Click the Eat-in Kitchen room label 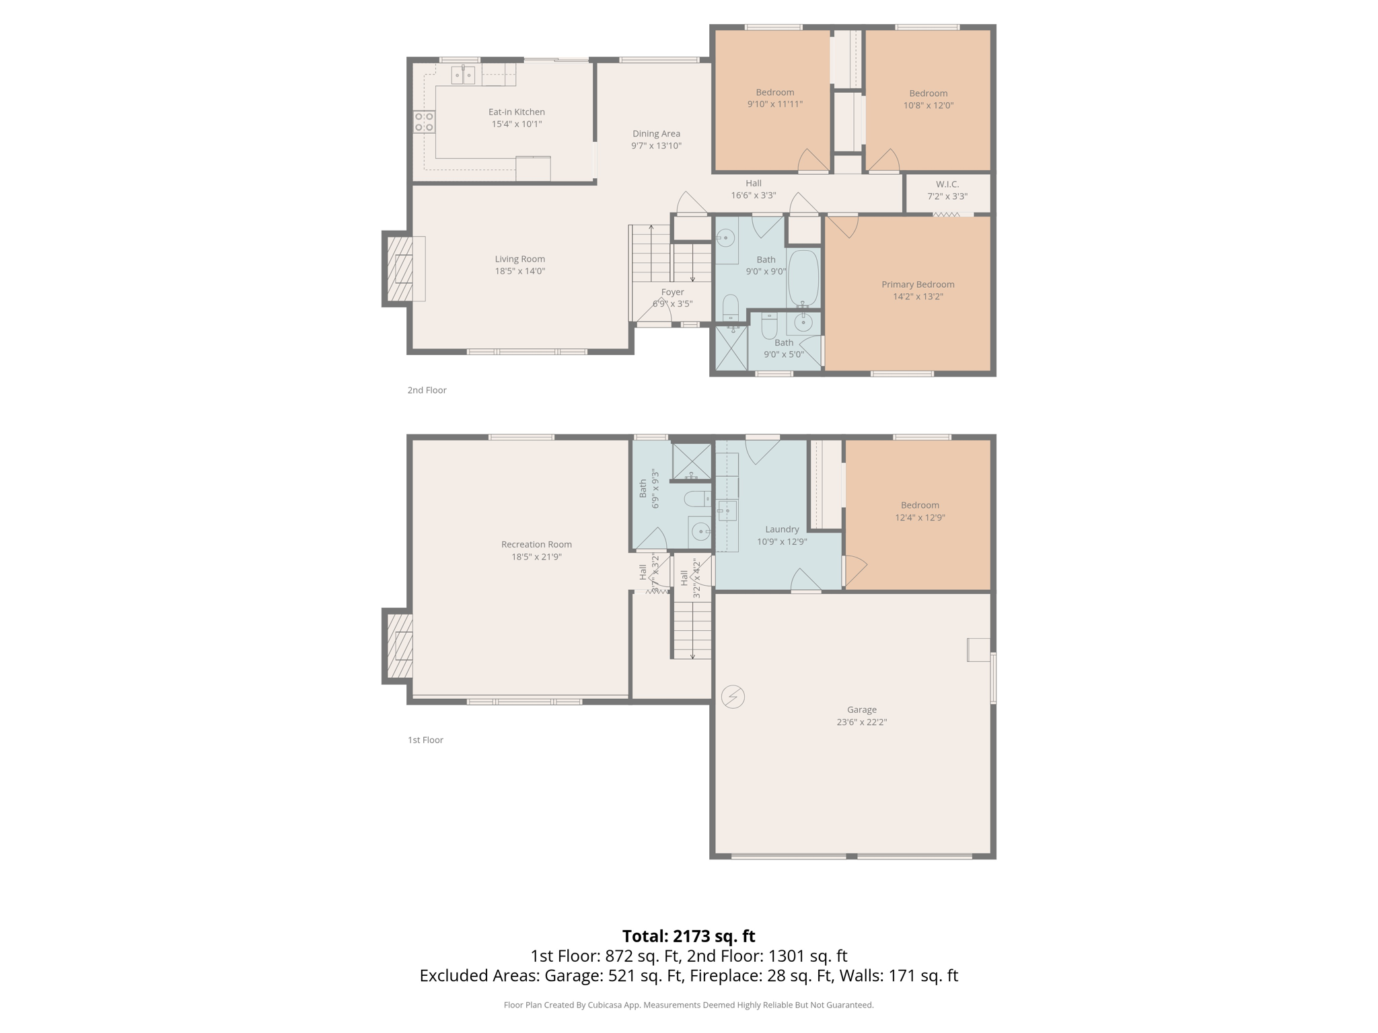(x=516, y=112)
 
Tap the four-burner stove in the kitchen (x=424, y=122)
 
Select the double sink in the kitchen (x=463, y=75)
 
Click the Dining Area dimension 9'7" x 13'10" (x=656, y=146)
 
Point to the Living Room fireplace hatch (x=400, y=268)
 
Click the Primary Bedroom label (x=918, y=284)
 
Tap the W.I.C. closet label (x=947, y=184)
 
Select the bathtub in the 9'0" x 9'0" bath (x=803, y=278)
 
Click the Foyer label (x=672, y=292)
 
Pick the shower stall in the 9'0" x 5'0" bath (x=731, y=348)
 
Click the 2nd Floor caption (x=427, y=390)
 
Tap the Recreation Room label (x=536, y=545)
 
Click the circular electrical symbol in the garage (x=733, y=697)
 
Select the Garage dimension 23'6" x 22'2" (x=861, y=722)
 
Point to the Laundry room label (x=782, y=529)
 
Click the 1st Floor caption (x=425, y=740)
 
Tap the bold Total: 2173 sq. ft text (x=688, y=936)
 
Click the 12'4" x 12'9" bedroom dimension (x=920, y=518)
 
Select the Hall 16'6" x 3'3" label (x=754, y=184)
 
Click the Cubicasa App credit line (x=688, y=1005)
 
